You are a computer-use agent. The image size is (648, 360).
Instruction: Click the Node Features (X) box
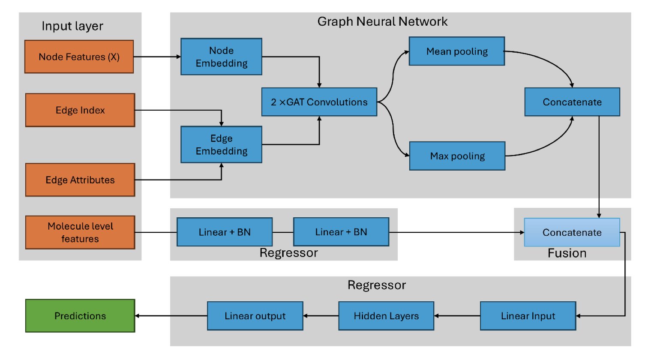tap(79, 57)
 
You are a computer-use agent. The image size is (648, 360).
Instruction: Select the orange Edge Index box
tap(80, 110)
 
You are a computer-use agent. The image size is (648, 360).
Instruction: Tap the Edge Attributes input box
tap(80, 180)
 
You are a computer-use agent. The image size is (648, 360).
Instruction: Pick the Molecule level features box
tap(80, 232)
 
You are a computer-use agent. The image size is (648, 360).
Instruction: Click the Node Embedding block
tap(221, 57)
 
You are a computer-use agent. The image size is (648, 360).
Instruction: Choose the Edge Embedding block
tap(221, 144)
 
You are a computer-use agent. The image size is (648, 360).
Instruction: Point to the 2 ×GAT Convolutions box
tap(319, 102)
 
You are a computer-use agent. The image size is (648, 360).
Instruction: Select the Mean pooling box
tap(457, 51)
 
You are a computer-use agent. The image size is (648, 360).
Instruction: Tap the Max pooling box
tap(457, 156)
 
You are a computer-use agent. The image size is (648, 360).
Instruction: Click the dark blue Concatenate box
tap(572, 102)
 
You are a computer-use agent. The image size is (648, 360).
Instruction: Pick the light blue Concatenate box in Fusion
tap(572, 232)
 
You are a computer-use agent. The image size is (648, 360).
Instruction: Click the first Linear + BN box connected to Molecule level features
tap(225, 232)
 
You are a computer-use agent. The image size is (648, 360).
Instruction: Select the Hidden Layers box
tap(386, 316)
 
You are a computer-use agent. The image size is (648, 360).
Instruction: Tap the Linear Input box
tap(528, 316)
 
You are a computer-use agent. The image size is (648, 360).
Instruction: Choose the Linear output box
tap(255, 316)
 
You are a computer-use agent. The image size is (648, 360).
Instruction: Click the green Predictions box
tap(80, 316)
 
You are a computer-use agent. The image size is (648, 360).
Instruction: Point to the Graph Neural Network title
tap(382, 21)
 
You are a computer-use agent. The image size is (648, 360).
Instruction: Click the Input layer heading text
tap(72, 26)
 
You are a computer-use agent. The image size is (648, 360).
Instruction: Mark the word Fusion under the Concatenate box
tap(567, 253)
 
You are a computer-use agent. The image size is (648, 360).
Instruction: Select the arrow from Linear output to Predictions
tap(171, 316)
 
